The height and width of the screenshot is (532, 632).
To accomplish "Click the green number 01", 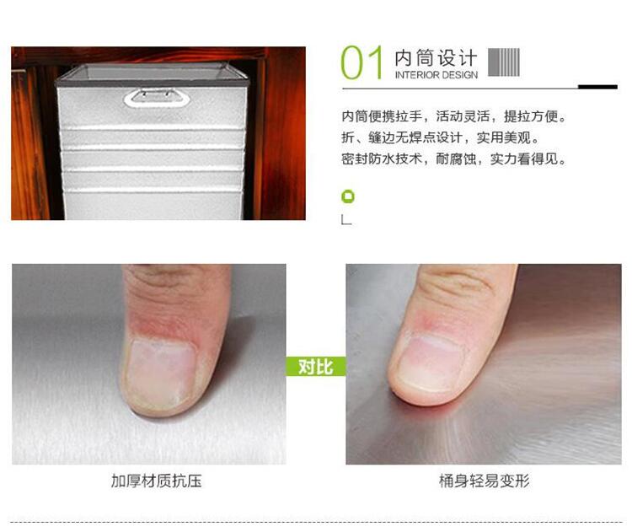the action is point(362,62).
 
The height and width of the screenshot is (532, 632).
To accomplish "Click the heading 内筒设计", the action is point(436,58).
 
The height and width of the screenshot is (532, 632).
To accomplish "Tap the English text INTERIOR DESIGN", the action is point(437,75).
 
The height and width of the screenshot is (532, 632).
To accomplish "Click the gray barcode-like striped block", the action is point(504,62).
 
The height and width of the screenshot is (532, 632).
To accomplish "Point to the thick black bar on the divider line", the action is point(597,87).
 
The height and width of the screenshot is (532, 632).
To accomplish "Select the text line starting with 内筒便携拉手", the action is point(454,116).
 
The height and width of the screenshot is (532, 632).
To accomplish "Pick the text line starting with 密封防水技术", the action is point(454,159).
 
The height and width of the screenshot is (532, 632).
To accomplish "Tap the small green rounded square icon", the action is point(348,196).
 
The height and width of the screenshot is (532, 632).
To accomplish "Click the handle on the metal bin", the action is point(157,98).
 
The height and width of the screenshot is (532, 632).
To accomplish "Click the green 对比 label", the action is point(316,366).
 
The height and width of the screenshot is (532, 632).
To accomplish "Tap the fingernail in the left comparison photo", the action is point(161,373).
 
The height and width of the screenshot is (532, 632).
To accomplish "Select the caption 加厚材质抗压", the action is point(157,481).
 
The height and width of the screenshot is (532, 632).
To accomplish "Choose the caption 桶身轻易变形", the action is point(484,481).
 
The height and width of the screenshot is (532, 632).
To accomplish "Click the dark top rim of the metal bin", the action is point(152,83).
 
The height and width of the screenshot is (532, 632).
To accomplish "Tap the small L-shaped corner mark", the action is point(346,220).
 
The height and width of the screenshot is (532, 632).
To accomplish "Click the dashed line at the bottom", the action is point(316,522).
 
